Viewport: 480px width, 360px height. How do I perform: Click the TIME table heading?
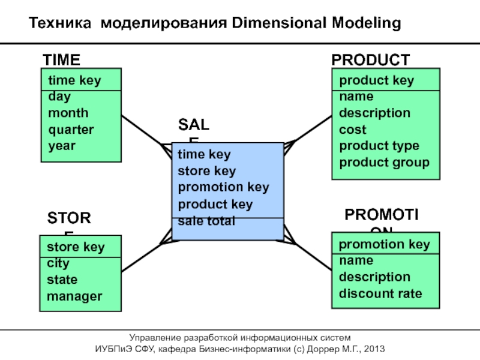click(61, 60)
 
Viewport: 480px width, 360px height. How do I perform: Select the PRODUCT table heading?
click(371, 60)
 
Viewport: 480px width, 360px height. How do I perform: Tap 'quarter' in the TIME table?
click(71, 129)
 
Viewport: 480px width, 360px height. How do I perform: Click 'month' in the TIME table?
click(68, 113)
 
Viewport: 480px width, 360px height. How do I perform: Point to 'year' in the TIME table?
click(62, 145)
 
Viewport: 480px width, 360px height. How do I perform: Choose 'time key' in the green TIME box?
click(74, 80)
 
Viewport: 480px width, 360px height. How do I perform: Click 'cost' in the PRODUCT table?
click(353, 130)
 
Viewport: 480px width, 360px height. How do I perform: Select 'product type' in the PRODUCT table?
click(379, 146)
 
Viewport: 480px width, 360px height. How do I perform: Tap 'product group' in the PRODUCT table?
click(384, 162)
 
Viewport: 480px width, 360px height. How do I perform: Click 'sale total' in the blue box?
click(206, 221)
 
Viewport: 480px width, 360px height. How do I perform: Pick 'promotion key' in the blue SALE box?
click(223, 187)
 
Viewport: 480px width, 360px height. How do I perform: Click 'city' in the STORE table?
click(58, 263)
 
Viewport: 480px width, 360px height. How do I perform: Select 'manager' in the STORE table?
click(74, 296)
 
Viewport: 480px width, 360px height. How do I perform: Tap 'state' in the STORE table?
click(62, 280)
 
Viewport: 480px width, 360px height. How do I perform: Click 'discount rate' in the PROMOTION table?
click(380, 294)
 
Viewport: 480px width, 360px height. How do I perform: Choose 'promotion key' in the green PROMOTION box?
click(384, 244)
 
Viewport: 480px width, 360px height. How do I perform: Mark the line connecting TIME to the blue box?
click(144, 131)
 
